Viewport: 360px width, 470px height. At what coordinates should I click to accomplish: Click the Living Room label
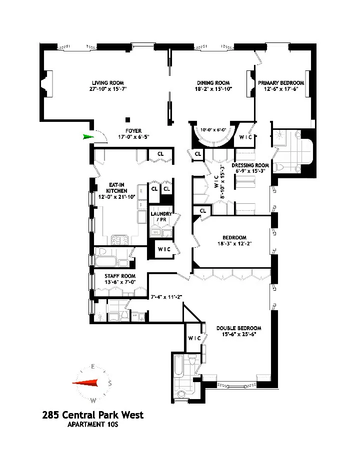[x=107, y=83]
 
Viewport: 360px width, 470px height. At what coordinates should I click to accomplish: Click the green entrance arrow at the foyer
[x=88, y=136]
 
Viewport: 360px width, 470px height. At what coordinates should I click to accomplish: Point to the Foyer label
[x=133, y=131]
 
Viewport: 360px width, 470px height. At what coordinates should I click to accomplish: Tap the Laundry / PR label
[x=161, y=217]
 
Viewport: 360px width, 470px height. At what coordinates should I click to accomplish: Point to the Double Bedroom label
[x=238, y=328]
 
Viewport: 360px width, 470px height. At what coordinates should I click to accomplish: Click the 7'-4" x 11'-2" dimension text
[x=166, y=297]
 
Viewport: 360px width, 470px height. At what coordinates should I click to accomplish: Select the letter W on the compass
[x=93, y=401]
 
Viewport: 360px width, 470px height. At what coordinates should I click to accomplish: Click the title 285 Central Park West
[x=93, y=415]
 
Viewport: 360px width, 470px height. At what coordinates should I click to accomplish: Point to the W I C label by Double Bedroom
[x=194, y=338]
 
